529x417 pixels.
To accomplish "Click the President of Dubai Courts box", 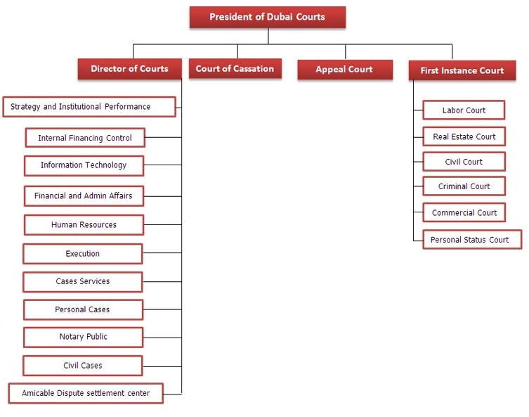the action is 268,17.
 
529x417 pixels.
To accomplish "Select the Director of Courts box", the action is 129,69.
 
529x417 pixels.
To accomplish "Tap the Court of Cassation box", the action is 235,68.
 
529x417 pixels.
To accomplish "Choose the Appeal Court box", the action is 345,70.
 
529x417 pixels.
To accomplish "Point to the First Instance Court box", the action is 462,70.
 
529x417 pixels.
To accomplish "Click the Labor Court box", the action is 464,110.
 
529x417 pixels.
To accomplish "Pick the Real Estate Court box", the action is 464,136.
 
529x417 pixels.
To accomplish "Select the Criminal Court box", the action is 464,186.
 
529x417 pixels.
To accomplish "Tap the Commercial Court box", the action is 464,212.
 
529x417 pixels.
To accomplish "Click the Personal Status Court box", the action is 472,240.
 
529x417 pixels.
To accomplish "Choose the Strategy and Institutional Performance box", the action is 89,107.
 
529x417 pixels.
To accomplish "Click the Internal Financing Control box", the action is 85,138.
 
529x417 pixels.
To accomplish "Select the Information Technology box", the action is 84,166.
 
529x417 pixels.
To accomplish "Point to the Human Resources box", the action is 84,225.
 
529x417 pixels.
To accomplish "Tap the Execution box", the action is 83,254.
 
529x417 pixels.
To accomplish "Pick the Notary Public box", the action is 84,338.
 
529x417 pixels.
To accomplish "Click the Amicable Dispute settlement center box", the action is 86,393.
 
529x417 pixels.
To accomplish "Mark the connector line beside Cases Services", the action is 162,281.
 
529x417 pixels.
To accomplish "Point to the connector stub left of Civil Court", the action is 418,162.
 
